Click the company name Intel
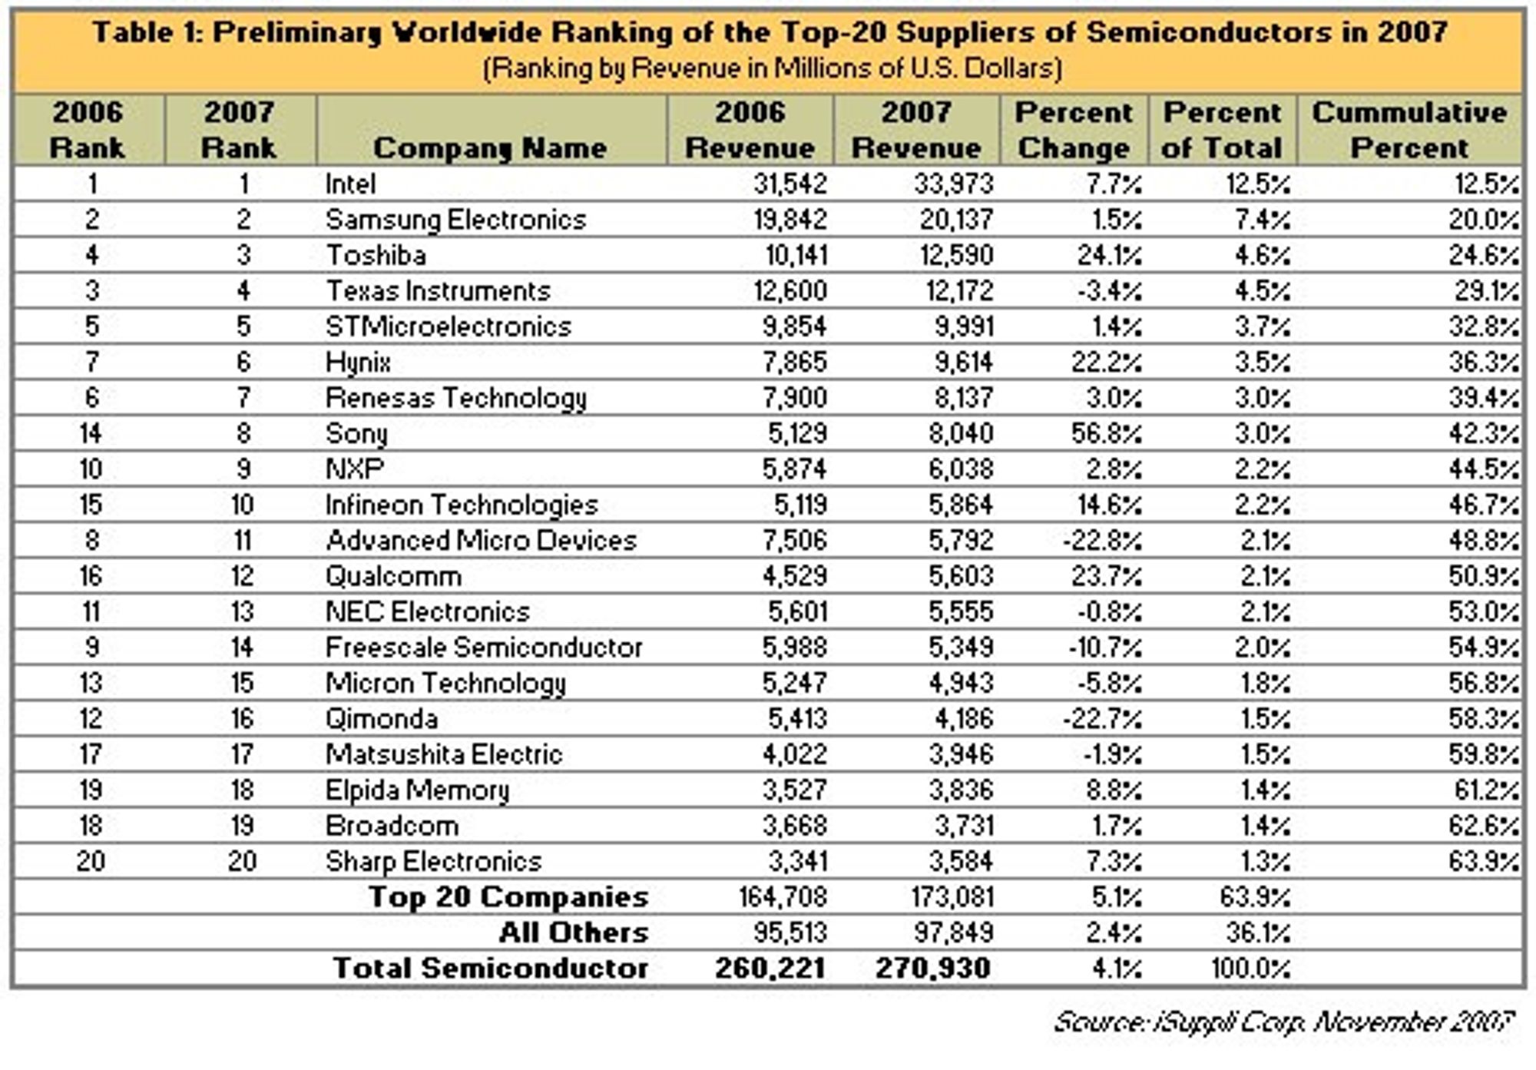pos(350,184)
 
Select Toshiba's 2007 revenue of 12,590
pos(957,255)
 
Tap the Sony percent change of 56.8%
pos(1107,433)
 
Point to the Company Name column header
pos(490,147)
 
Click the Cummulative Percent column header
pos(1409,130)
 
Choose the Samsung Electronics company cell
pos(455,220)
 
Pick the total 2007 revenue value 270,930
pos(932,968)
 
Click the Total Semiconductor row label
pos(490,968)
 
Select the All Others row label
pos(574,933)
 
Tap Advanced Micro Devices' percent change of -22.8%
pos(1103,541)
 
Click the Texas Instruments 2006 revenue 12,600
pos(790,291)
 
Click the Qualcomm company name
pos(393,576)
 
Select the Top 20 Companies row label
pos(508,897)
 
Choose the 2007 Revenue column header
pos(916,130)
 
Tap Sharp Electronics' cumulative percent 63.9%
pos(1484,862)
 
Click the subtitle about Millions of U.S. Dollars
pos(772,68)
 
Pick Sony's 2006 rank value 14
pos(90,433)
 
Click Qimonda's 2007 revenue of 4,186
pos(961,719)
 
